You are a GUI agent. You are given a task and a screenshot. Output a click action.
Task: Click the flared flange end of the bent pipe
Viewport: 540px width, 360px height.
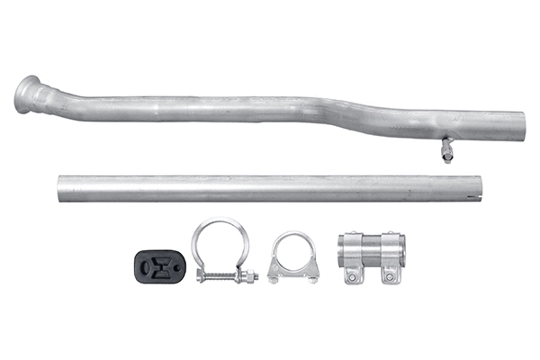click(28, 94)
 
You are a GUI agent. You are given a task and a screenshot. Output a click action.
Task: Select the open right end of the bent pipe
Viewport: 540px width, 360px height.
click(522, 126)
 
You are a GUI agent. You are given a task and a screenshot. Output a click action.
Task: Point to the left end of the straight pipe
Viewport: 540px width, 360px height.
click(60, 187)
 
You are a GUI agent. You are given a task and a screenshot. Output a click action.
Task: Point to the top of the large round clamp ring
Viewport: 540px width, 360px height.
click(217, 221)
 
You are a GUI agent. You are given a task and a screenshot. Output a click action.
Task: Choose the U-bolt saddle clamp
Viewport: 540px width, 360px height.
click(293, 258)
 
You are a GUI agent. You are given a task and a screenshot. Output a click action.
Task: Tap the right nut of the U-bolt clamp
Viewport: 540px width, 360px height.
click(312, 277)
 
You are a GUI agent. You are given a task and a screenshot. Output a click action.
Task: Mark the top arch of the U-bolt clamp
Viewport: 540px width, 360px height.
click(293, 236)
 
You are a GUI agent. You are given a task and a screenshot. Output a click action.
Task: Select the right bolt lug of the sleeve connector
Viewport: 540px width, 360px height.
click(389, 274)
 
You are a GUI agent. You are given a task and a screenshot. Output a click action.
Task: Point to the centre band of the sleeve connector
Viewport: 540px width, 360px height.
click(372, 250)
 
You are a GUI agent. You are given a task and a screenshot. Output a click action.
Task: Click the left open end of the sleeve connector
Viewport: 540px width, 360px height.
click(342, 250)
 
